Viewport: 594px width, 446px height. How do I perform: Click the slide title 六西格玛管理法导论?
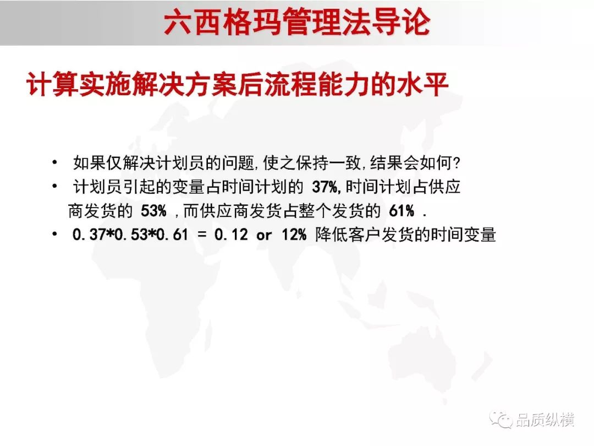[297, 22]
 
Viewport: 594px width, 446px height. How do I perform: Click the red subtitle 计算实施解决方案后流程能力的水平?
[238, 84]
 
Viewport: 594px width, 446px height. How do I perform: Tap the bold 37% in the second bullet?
[325, 187]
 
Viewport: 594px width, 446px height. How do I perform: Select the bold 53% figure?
[153, 211]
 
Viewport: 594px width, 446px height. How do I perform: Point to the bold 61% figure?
[402, 211]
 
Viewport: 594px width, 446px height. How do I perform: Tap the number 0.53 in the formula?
[131, 235]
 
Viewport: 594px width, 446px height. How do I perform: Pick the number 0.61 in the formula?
[172, 235]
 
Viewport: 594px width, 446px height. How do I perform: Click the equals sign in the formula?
[202, 235]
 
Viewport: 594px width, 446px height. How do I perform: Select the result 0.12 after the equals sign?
[231, 235]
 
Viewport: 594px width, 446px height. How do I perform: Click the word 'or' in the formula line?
[264, 236]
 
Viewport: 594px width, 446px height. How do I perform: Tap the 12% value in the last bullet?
[294, 235]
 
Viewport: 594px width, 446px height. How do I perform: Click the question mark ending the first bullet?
[457, 164]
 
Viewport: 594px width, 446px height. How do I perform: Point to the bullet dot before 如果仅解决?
[55, 162]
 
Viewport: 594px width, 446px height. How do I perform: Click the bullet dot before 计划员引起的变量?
[55, 186]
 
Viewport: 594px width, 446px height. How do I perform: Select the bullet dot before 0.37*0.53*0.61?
[55, 234]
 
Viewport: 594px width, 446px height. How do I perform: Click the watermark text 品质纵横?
[545, 420]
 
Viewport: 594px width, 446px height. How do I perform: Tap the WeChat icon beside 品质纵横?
[501, 420]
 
